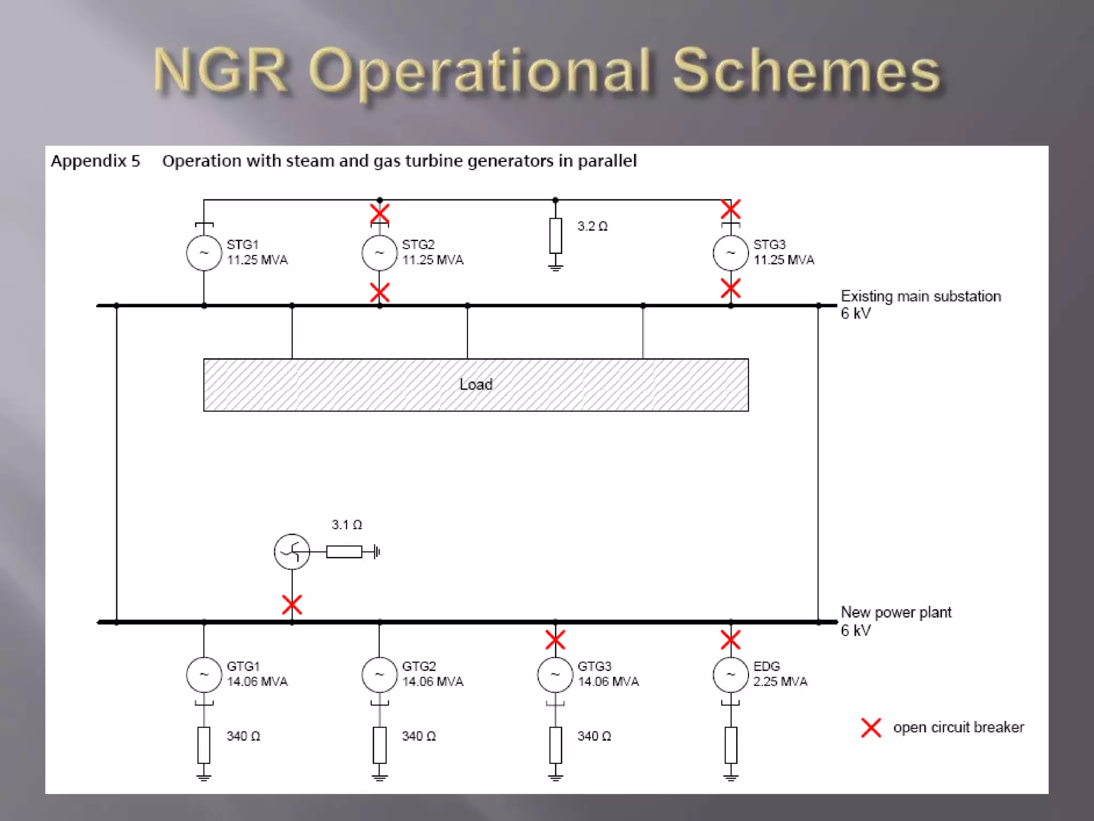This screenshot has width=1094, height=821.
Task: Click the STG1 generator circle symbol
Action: [x=204, y=252]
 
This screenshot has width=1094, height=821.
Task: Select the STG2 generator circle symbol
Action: [x=379, y=252]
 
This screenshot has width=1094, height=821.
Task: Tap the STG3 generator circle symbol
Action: [x=730, y=252]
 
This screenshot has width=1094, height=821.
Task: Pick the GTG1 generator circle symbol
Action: [x=204, y=674]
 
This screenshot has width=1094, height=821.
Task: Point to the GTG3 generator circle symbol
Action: [x=555, y=674]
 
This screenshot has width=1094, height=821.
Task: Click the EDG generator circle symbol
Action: [x=730, y=674]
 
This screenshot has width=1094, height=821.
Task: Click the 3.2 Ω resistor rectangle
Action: [x=556, y=235]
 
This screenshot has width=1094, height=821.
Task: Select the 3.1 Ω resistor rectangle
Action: [x=344, y=552]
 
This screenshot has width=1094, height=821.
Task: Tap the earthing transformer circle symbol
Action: [x=292, y=552]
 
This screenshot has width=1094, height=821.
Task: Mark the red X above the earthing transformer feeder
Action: [x=292, y=605]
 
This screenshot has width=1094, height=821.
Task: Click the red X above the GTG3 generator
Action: [x=555, y=640]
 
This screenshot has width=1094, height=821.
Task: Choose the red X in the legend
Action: [x=871, y=727]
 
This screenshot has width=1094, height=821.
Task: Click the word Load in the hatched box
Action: [x=475, y=384]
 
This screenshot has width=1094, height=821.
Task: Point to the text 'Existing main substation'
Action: [x=920, y=296]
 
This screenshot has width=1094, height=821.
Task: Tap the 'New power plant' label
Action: [x=896, y=612]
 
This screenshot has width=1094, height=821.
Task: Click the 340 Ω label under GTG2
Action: [x=418, y=736]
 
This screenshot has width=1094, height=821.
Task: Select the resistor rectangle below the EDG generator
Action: [x=731, y=745]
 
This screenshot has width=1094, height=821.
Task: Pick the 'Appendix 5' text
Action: [x=95, y=161]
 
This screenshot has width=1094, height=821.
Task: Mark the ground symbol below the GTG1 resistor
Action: [x=204, y=777]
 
